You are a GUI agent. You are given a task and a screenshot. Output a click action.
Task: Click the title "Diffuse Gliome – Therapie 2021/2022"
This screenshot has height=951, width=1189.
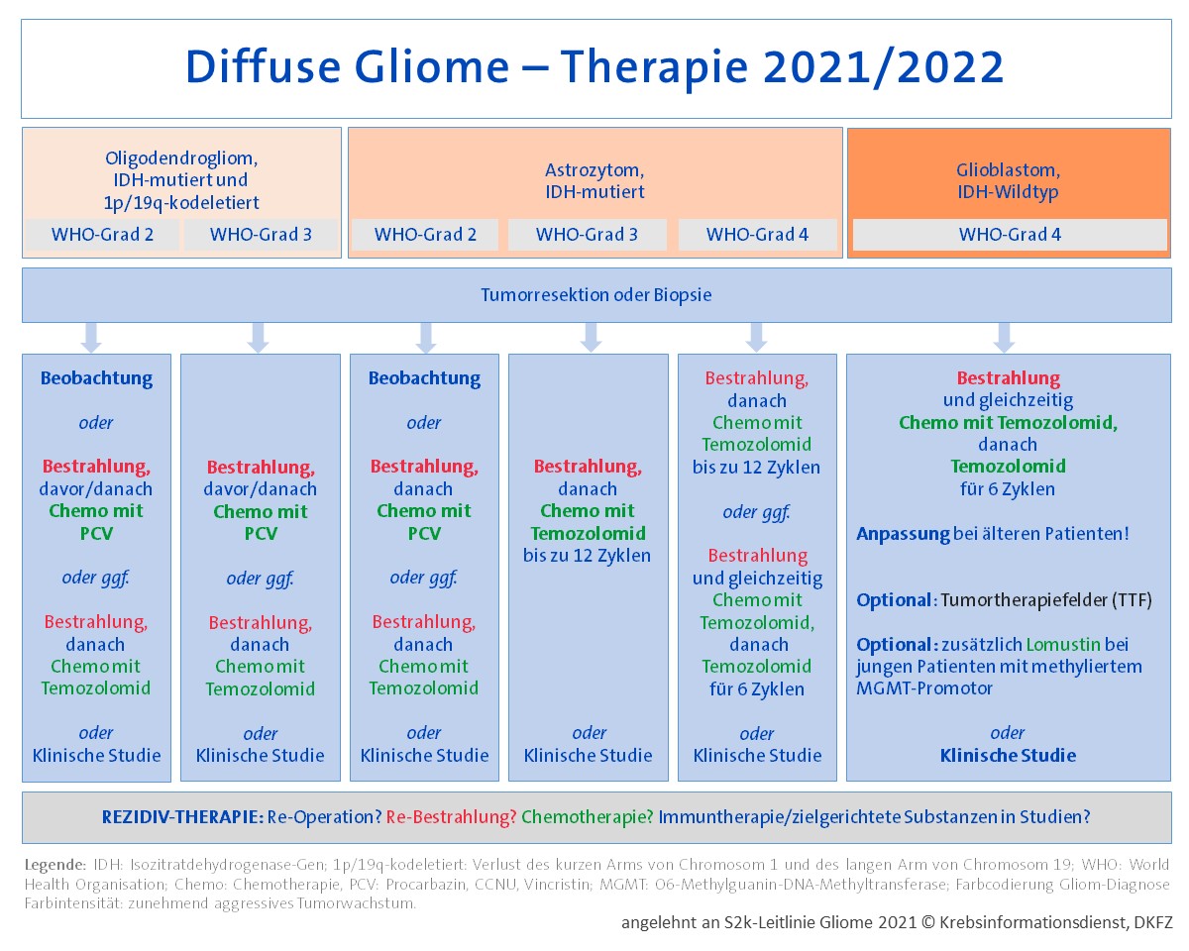(594, 67)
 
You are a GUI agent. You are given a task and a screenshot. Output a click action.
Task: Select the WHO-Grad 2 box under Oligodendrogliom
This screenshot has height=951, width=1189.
(102, 235)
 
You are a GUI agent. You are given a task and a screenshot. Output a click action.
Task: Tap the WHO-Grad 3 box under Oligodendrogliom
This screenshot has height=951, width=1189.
(262, 235)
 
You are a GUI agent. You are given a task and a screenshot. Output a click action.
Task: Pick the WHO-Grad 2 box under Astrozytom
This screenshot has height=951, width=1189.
(425, 235)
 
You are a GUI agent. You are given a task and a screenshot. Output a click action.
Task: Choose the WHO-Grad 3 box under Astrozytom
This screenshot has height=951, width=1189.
(588, 235)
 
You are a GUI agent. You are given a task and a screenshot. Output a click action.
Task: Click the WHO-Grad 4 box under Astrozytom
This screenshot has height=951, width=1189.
(757, 235)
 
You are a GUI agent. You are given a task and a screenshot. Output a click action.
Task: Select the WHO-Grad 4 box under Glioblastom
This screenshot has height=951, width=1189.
(1009, 235)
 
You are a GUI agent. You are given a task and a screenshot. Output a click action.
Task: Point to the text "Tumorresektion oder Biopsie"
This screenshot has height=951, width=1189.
(595, 295)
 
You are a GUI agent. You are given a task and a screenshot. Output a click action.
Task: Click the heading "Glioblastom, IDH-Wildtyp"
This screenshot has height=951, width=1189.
(1009, 180)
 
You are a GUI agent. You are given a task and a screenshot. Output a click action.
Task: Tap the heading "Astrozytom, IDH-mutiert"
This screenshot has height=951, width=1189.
(594, 180)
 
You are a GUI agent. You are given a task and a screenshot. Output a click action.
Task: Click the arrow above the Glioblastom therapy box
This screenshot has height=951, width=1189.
(1004, 337)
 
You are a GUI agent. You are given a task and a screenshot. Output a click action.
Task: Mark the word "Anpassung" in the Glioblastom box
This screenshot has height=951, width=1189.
(902, 534)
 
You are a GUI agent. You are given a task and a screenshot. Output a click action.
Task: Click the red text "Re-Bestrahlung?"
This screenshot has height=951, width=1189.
(451, 817)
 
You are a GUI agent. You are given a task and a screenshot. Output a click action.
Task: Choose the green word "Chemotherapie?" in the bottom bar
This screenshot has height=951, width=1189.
(587, 817)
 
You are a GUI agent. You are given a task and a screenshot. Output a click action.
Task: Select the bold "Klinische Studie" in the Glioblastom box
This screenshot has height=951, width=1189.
(1008, 755)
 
